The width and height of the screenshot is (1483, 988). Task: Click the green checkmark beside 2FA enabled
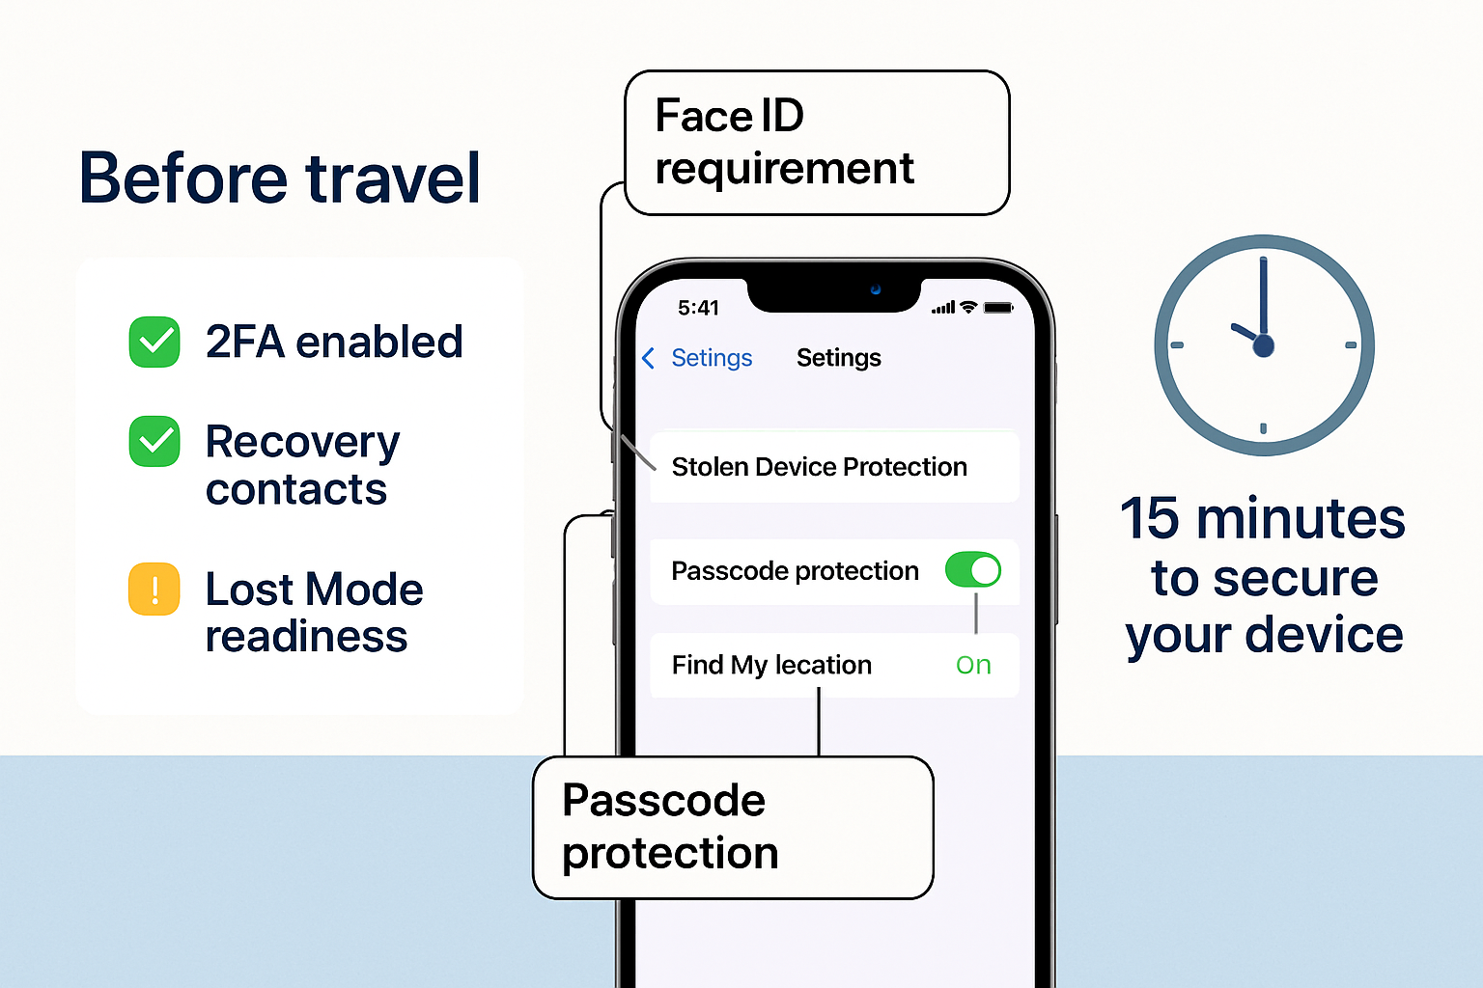(154, 342)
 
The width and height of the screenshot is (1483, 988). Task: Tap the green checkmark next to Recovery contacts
(154, 442)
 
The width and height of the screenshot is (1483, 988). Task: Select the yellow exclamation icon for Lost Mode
(154, 589)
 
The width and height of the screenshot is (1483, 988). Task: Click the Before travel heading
(280, 178)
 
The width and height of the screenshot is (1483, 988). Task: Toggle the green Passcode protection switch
(972, 570)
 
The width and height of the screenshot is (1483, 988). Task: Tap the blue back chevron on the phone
(648, 359)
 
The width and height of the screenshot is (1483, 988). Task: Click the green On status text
(973, 665)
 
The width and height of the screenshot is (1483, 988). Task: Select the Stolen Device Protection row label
(819, 467)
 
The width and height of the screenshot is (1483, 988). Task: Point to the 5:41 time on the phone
(698, 308)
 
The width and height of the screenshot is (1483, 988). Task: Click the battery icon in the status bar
(998, 308)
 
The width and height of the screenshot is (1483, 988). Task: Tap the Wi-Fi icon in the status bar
(968, 308)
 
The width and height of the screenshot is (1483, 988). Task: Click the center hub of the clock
(1263, 345)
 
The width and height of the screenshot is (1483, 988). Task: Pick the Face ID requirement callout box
(817, 143)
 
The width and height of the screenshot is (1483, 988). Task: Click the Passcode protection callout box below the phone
(733, 828)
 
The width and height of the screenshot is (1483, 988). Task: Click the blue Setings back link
(712, 358)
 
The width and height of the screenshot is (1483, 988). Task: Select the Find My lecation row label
(771, 665)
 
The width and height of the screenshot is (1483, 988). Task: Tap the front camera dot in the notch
(876, 289)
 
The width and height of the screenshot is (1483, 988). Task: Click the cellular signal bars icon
(943, 308)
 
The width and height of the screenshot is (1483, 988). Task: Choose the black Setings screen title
(838, 358)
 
